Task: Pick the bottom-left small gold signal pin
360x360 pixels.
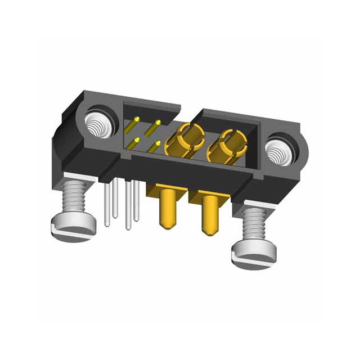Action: point(135,142)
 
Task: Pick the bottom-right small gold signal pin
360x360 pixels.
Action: point(156,146)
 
